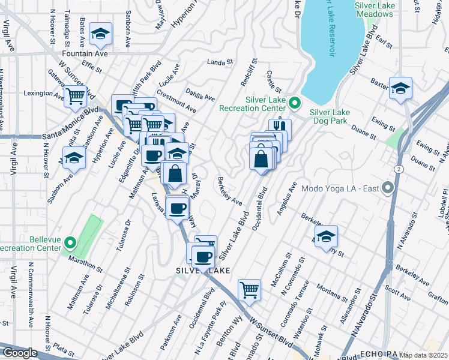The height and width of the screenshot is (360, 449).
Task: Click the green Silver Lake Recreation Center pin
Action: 294,104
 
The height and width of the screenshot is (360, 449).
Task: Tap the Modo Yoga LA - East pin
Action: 387,188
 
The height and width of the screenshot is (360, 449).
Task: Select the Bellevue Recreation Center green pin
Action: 70,243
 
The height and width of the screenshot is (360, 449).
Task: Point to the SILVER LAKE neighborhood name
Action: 203,271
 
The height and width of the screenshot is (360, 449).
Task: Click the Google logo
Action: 19,353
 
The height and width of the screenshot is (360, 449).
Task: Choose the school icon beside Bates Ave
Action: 100,34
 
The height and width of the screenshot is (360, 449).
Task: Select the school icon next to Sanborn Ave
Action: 74,158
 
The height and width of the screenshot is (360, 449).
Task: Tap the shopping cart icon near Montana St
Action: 249,290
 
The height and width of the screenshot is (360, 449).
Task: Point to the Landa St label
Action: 220,62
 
